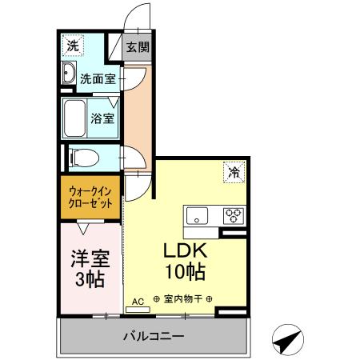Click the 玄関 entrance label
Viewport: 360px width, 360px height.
pos(138,47)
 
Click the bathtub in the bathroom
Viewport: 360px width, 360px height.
pos(76,119)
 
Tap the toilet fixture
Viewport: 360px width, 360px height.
pos(78,157)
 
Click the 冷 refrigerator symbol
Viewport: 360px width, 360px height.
pos(234,171)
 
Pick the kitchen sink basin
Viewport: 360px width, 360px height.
pos(197,214)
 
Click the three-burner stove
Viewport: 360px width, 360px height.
pos(234,214)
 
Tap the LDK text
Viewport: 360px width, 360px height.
pos(186,250)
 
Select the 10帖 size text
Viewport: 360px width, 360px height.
pos(186,271)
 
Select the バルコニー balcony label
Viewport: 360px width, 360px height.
pos(154,335)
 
